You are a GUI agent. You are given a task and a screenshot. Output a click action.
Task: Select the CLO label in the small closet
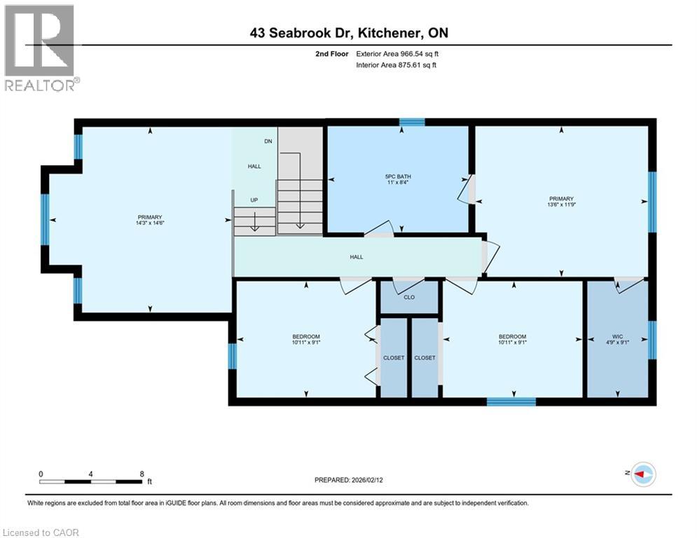tap(410, 297)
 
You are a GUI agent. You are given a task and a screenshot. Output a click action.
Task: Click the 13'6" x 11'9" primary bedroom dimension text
tap(561, 205)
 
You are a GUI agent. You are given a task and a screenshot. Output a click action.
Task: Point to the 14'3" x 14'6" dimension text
tap(150, 224)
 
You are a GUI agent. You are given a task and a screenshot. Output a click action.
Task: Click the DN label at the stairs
tap(268, 142)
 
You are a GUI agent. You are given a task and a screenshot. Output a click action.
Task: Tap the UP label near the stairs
tap(254, 200)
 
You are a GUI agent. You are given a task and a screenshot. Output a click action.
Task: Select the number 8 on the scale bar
tap(142, 474)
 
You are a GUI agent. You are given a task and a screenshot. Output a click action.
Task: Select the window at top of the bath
tap(412, 122)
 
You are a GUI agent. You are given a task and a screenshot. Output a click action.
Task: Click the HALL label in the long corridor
tap(357, 257)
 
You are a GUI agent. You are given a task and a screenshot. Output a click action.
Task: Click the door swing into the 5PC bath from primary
tap(465, 189)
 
